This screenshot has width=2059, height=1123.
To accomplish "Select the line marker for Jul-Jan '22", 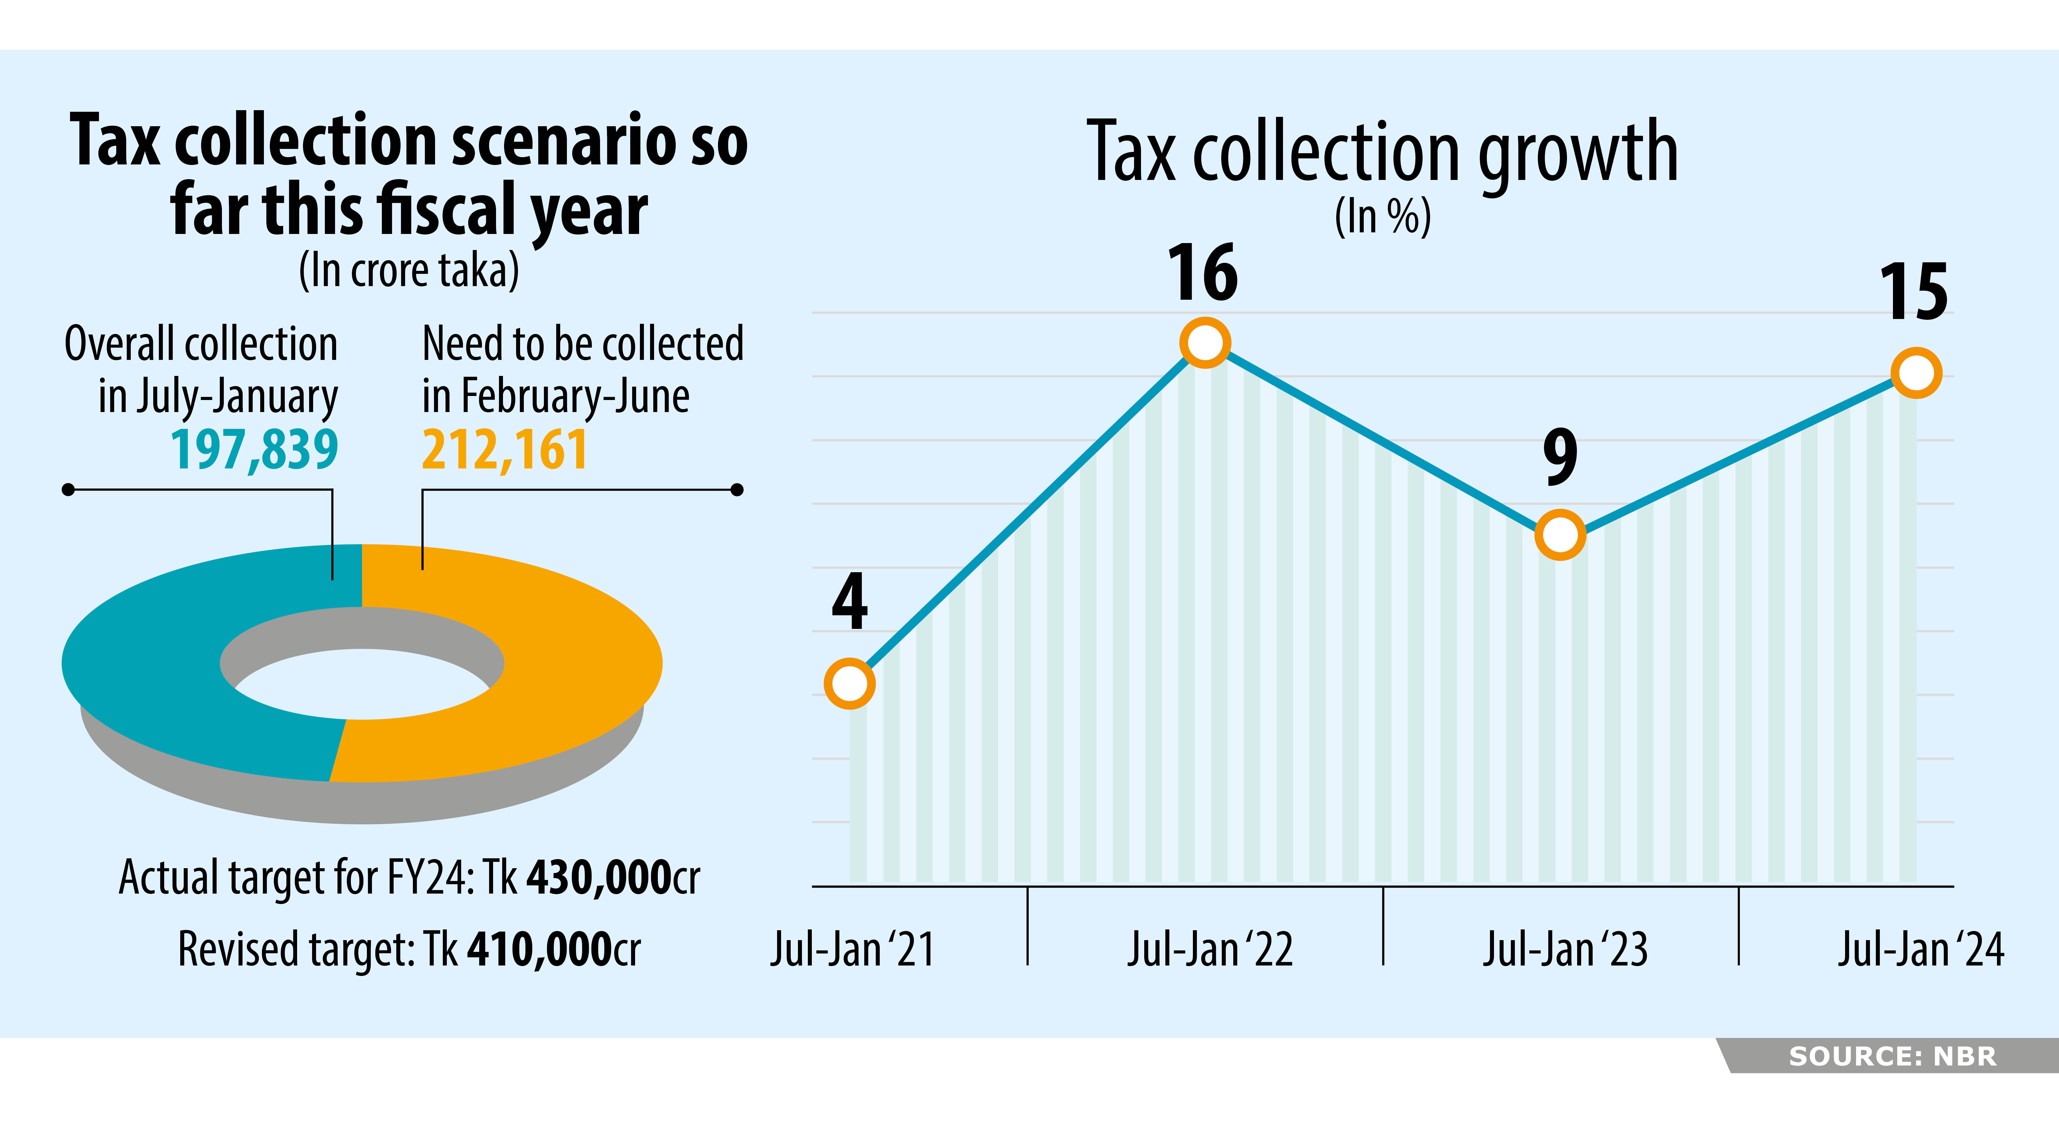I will point(1205,343).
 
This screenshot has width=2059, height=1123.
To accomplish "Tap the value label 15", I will point(1914,293).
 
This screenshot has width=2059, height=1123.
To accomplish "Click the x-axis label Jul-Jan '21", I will point(852,949).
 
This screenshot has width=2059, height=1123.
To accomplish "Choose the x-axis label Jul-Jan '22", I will point(1209,949).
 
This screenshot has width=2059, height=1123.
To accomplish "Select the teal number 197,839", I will point(254,450).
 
